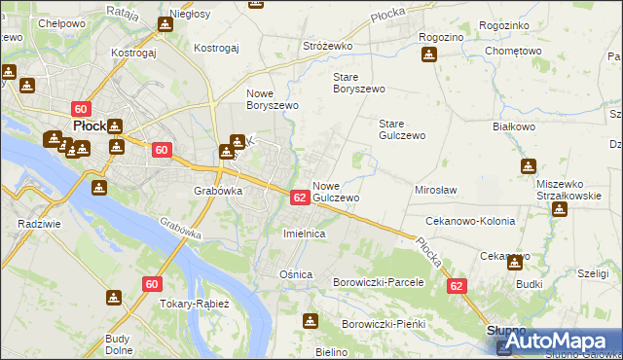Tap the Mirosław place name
pos(436,190)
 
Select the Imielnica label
pos(303,234)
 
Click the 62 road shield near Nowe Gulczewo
pos(300,198)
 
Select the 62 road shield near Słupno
pos(458,287)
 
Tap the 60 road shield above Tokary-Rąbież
pos(150,284)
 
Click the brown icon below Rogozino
pos(428,54)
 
